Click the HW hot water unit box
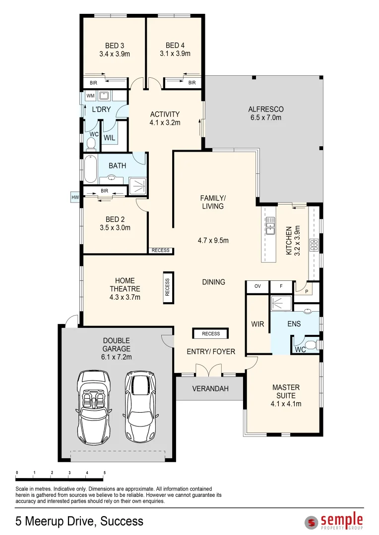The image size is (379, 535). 75,198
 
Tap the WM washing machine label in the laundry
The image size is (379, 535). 90,96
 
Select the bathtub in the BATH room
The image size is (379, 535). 90,170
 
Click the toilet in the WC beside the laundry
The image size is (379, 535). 91,144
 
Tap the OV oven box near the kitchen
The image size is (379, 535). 257,286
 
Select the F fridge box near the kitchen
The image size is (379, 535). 281,286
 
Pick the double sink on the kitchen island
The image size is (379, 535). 270,226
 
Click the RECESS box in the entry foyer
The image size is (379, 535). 211,334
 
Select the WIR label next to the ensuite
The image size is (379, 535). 257,324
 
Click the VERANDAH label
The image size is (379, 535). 210,389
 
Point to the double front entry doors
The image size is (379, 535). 209,370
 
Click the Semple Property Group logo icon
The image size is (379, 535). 312,522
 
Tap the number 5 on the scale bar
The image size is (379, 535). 104,473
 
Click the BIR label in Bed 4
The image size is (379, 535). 192,83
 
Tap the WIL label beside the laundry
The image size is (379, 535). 110,138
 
